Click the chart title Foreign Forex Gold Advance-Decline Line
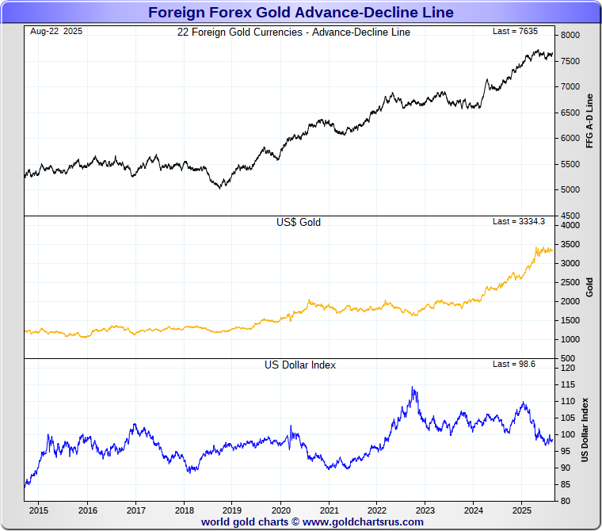pos(301,12)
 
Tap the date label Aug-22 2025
pos(56,32)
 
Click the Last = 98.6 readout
pos(514,364)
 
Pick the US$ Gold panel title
pos(298,223)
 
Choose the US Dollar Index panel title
pos(300,365)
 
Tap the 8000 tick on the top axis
pos(570,36)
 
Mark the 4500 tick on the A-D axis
pos(570,216)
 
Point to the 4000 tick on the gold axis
pos(570,226)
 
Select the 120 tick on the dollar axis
pos(567,369)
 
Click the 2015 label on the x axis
pos(39,510)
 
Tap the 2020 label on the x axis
pos(280,510)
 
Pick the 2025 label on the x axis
pos(522,510)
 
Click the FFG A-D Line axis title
pos(589,121)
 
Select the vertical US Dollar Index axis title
pos(586,430)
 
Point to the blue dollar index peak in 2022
pos(413,388)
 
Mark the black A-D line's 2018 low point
pos(220,188)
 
